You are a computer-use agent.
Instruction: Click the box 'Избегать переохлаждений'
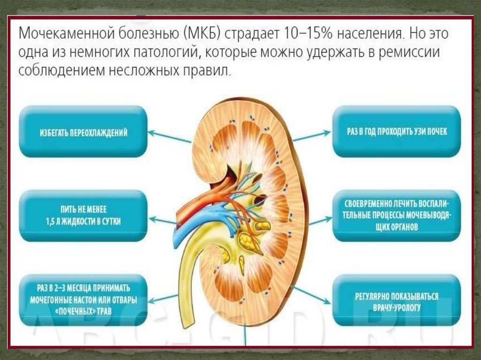point(83,131)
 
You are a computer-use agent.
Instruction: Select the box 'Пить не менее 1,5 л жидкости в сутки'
point(83,216)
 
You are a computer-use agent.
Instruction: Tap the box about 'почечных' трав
point(83,300)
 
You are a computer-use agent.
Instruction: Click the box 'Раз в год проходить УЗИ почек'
point(396,131)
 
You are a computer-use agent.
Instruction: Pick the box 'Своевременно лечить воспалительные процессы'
point(396,216)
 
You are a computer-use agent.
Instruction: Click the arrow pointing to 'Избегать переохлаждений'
point(169,137)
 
